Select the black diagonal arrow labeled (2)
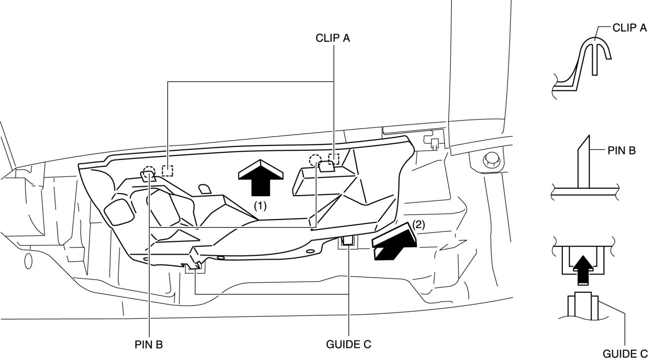tap(393, 243)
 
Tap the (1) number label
tap(260, 206)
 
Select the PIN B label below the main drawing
tap(149, 344)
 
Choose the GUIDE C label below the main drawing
tap(349, 344)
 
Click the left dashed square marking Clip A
tap(168, 171)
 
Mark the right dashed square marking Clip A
tap(334, 159)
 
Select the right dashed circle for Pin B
tap(316, 160)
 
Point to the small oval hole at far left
tap(28, 261)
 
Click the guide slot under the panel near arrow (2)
tap(349, 241)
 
